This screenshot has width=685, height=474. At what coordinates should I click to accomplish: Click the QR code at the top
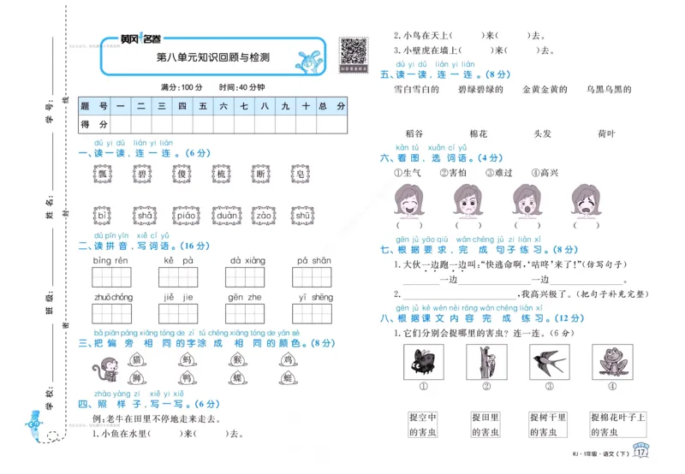tap(352, 52)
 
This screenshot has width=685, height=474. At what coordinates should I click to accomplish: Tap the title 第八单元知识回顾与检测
tap(213, 58)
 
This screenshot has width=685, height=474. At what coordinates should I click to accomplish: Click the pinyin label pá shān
tap(314, 260)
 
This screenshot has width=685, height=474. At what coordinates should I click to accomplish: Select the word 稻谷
tap(414, 134)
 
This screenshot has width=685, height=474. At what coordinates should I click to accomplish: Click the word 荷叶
tap(606, 134)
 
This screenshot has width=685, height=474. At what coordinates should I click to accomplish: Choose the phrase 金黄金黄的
tap(539, 89)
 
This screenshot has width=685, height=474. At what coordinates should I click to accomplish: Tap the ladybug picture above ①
tap(423, 364)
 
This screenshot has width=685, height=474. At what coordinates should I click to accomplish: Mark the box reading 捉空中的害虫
tap(423, 424)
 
